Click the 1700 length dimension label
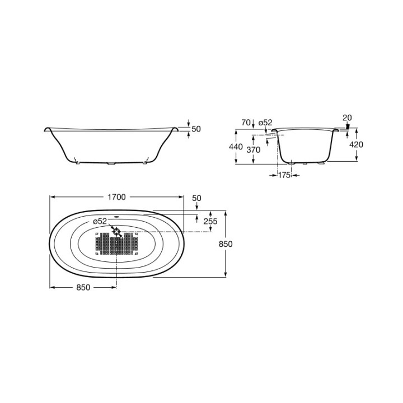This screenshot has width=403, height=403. [x=116, y=197]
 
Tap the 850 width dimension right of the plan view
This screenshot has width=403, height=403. [x=226, y=244]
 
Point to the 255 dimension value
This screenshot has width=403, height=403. [x=210, y=222]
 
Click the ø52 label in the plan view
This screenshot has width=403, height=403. [x=99, y=222]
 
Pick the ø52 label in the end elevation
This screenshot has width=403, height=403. [x=265, y=123]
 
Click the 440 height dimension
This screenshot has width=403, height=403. [x=236, y=147]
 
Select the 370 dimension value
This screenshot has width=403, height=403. [x=254, y=149]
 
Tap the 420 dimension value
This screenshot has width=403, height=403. [x=356, y=144]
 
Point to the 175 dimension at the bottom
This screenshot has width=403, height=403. [x=284, y=175]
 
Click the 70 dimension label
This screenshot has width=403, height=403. [x=245, y=123]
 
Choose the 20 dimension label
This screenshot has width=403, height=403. [x=347, y=117]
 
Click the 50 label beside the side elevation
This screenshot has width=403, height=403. [x=196, y=129]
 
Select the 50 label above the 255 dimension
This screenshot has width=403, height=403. [x=196, y=199]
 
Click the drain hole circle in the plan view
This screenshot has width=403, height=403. [x=116, y=231]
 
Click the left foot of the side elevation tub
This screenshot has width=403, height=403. [x=77, y=163]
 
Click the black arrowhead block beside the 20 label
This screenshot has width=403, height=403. [x=347, y=127]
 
